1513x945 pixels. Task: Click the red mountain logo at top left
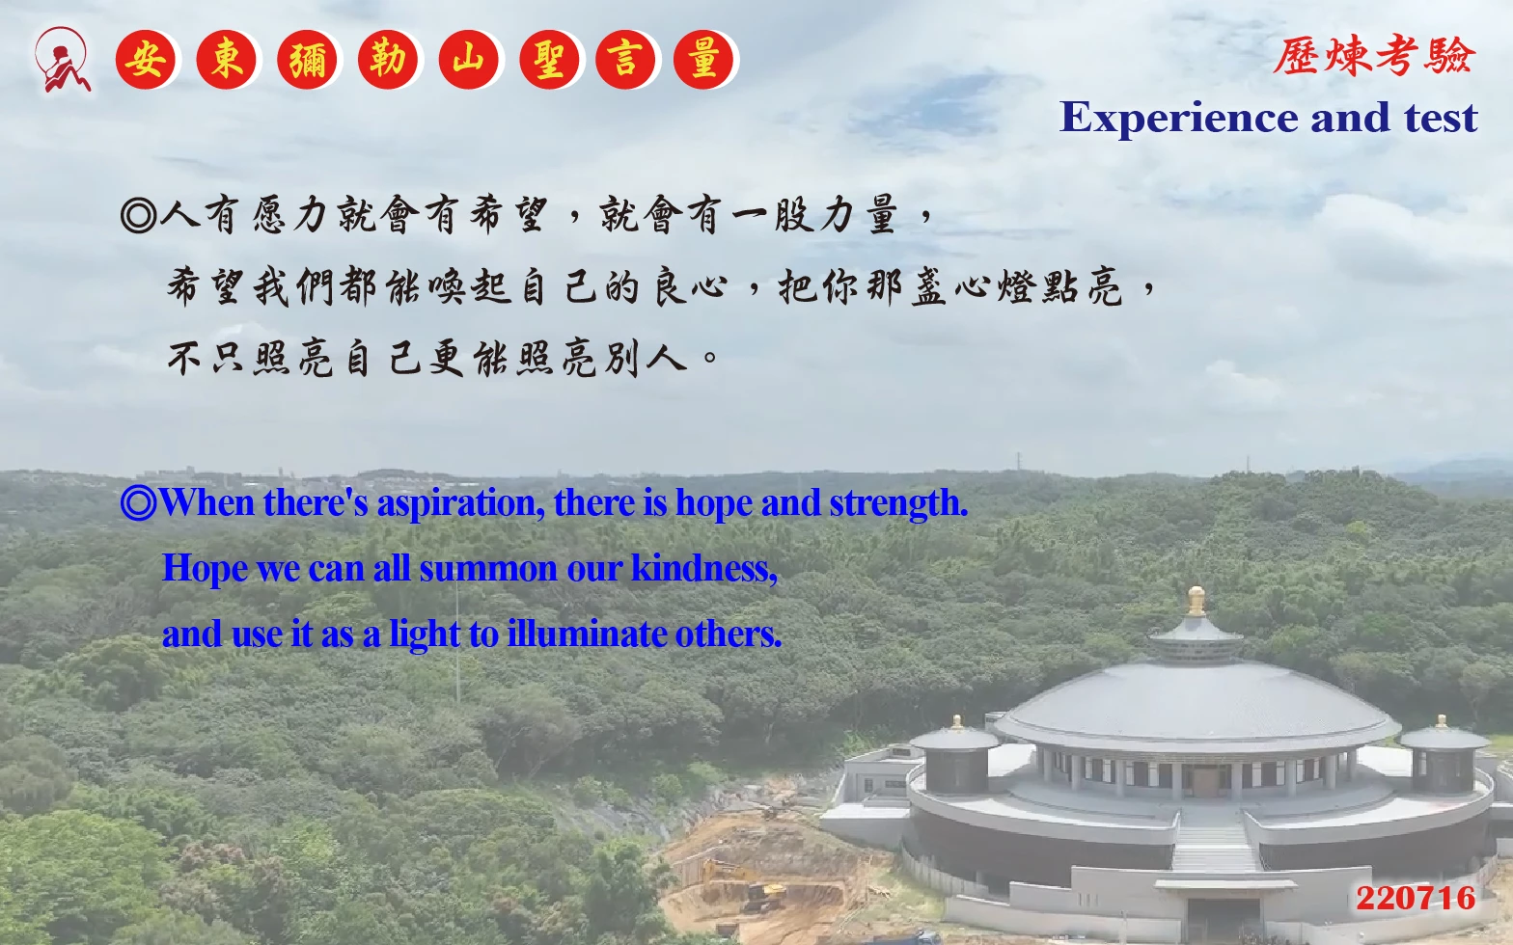click(62, 61)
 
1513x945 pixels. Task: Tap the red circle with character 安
click(145, 60)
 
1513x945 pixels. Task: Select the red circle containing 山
click(468, 60)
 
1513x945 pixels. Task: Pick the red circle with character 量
click(703, 60)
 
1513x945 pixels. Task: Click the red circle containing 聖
click(549, 60)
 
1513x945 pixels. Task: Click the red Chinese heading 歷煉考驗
click(1374, 55)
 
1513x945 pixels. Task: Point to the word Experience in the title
click(1179, 119)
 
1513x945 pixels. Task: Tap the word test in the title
click(1441, 119)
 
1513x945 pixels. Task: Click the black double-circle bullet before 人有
click(139, 216)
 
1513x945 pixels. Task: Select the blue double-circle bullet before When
click(139, 503)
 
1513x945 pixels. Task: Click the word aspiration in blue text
click(460, 504)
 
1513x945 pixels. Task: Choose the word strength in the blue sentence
click(899, 504)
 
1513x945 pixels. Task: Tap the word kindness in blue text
click(703, 568)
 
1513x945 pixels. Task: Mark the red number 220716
click(1416, 899)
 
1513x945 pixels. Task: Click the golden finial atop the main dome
click(1197, 602)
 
